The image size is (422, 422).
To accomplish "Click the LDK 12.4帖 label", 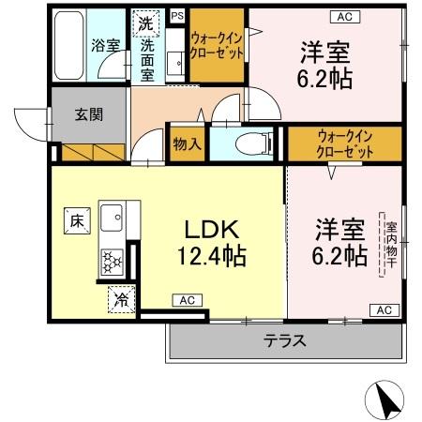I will coord(210,241).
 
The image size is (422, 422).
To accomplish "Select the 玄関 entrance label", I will coord(89,116).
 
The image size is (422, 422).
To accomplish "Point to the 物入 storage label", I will coord(187,143).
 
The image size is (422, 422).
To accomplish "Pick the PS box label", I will coord(177,14).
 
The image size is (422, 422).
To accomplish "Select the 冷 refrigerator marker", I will coord(122,299).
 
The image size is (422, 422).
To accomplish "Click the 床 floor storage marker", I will coord(75,221).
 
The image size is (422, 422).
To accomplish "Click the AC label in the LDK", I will coord(186,300).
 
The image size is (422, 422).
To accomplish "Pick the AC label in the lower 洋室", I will coord(383,309).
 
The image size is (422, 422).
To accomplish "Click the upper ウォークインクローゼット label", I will coord(217,45).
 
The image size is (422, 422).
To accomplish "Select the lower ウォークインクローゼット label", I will coord(345,143).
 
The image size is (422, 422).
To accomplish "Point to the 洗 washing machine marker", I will coord(146,23).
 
